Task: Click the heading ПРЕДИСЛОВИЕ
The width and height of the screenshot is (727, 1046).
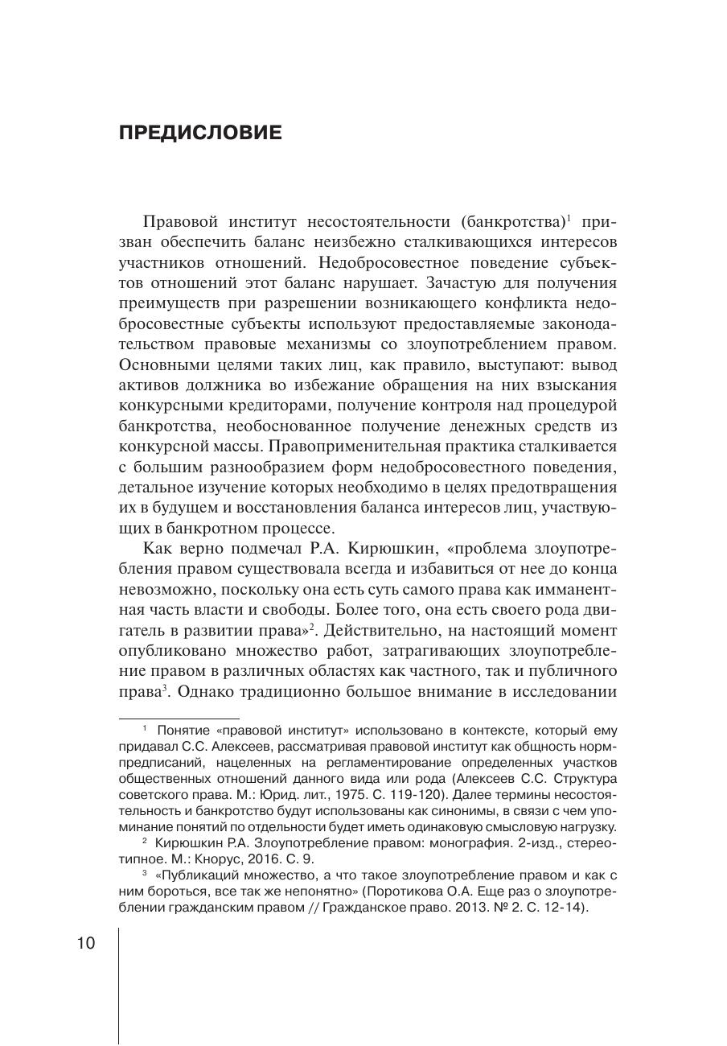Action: click(200, 133)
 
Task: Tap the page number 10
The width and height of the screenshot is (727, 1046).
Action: click(86, 943)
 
